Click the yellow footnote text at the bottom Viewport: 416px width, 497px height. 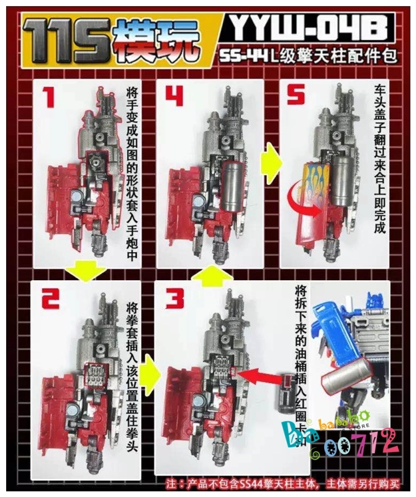pyautogui.click(x=283, y=483)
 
